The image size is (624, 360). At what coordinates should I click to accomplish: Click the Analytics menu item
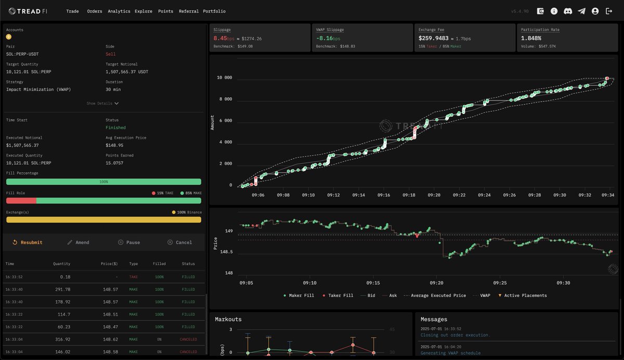click(x=119, y=11)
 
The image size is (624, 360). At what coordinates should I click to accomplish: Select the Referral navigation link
click(x=188, y=11)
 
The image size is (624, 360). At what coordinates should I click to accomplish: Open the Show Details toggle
click(x=102, y=104)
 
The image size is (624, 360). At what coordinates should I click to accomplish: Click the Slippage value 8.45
click(x=220, y=38)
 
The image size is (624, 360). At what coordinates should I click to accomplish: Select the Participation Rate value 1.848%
click(x=531, y=38)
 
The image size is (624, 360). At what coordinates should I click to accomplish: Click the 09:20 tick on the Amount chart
click(x=434, y=195)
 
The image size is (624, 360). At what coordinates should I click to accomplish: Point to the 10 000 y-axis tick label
click(x=224, y=78)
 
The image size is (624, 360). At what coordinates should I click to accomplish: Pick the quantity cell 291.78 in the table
click(x=62, y=289)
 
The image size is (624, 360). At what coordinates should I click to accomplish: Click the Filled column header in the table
click(x=159, y=264)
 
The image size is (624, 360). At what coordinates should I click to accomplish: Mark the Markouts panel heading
click(x=228, y=319)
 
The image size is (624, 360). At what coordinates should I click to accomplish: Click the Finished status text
click(x=115, y=127)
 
